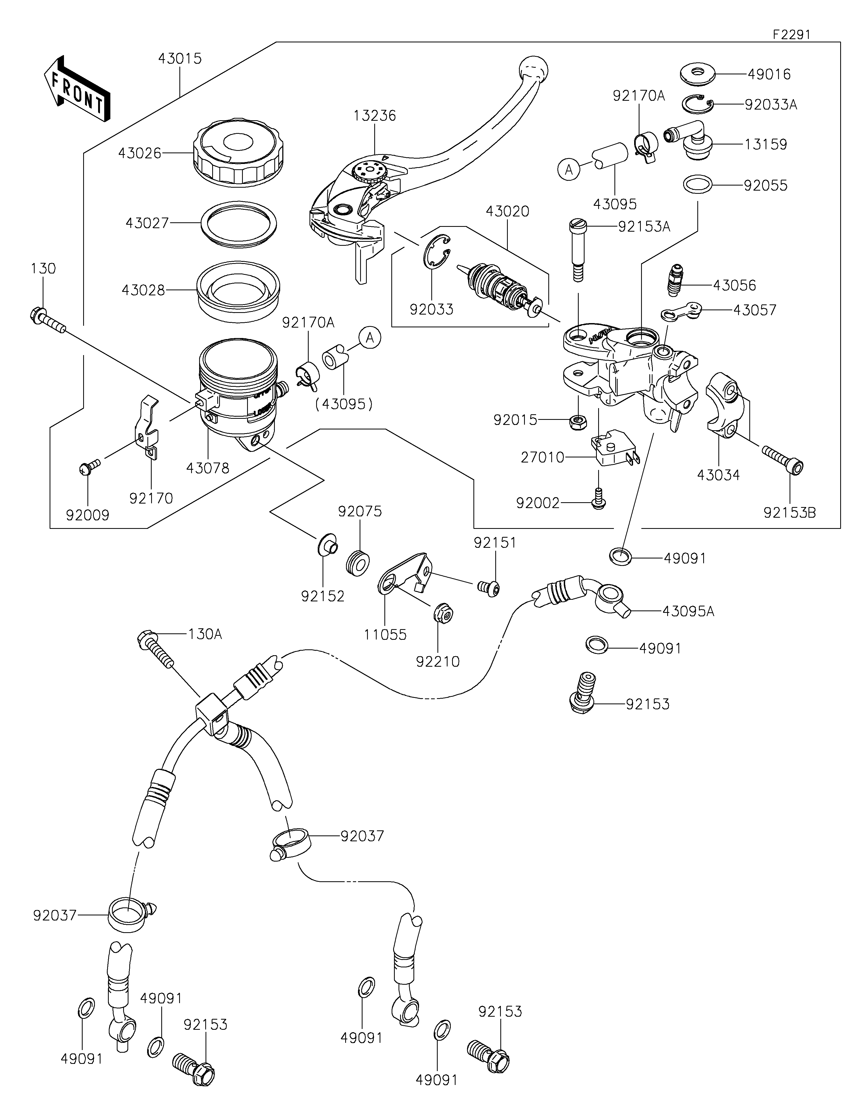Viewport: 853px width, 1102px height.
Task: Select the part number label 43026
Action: click(140, 153)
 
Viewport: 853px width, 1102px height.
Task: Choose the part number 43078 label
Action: click(208, 468)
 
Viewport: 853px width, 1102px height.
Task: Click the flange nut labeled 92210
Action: click(443, 613)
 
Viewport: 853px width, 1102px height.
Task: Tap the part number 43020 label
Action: click(508, 211)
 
